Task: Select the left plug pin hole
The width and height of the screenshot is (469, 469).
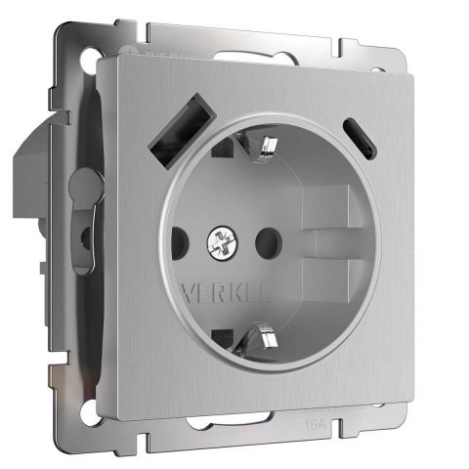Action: point(178,239)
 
